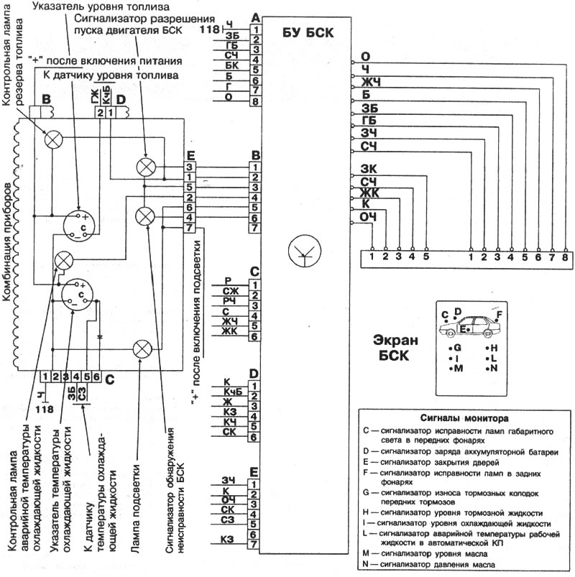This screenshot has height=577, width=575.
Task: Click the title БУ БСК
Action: coord(308,32)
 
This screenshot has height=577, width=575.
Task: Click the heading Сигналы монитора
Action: coord(464,418)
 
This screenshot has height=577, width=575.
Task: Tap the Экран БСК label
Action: coord(395,348)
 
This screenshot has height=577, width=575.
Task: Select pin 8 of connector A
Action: coord(255,101)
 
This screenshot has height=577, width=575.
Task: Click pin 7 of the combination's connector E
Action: coord(189,228)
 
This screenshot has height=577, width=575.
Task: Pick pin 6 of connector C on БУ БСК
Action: coord(254,336)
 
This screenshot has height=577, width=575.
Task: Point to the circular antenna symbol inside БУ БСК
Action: coord(305,251)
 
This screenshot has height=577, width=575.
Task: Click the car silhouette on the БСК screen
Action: coord(466,326)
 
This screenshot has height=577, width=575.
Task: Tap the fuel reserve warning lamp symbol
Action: coord(53,139)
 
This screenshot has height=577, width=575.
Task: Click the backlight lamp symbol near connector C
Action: coord(142,349)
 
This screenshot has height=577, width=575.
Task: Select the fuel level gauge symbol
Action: coord(79,226)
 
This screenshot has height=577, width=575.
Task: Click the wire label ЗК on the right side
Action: coord(369,169)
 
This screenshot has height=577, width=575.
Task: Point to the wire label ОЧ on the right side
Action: coord(368,217)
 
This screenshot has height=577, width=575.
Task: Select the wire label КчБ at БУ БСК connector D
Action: coord(233,392)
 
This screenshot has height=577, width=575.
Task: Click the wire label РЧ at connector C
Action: coord(229,301)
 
